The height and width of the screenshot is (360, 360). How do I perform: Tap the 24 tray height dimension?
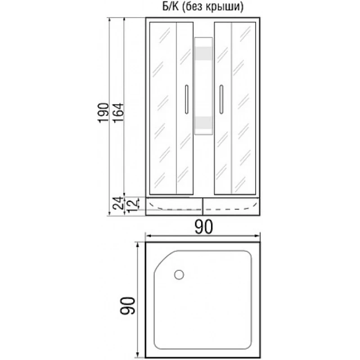(x=118, y=203)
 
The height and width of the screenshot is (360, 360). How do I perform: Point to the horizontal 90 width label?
(x=204, y=227)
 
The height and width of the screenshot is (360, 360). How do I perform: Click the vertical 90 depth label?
(x=127, y=306)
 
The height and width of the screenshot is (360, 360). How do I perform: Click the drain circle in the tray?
(x=179, y=274)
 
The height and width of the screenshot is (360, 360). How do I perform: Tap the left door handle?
(x=186, y=99)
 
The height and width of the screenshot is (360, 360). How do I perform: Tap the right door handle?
(x=221, y=99)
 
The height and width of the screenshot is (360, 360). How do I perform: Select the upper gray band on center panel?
(x=203, y=54)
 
